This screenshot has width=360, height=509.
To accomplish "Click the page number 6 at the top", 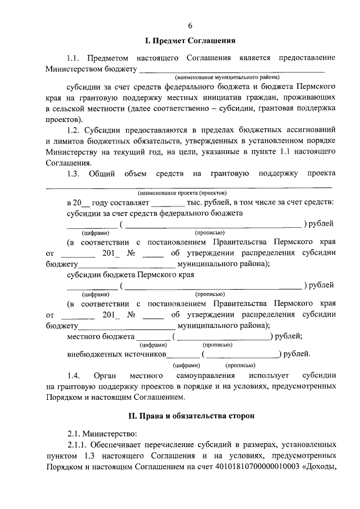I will pyautogui.click(x=190, y=25).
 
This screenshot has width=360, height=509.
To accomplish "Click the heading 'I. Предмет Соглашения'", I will pyautogui.click(x=190, y=41).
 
